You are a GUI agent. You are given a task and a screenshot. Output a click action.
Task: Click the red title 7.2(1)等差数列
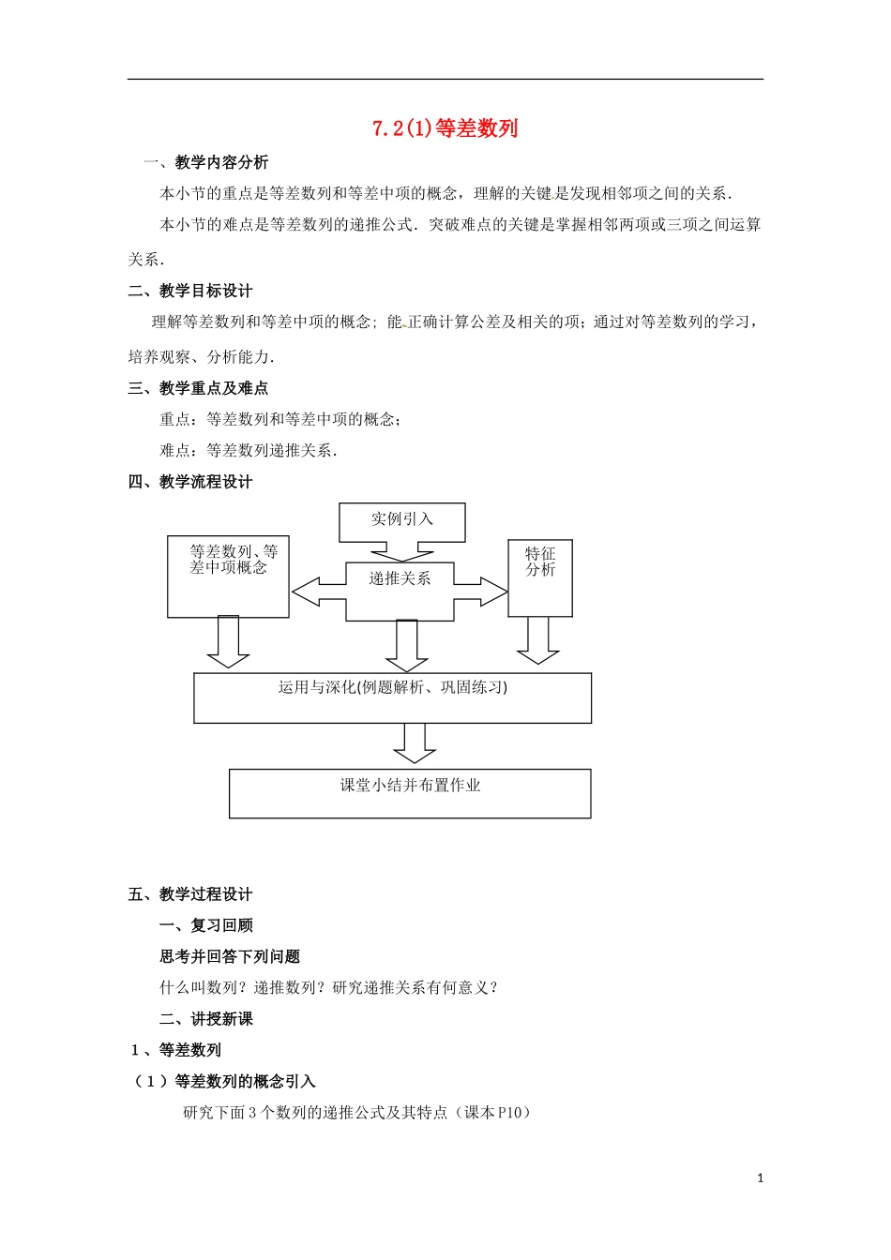(445, 128)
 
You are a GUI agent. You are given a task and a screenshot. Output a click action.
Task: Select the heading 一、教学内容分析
(205, 162)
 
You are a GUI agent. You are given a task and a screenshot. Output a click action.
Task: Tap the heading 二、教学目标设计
(190, 291)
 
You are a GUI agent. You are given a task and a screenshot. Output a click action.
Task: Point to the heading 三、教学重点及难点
(198, 387)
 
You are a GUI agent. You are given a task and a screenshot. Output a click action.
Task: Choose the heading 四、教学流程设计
(190, 482)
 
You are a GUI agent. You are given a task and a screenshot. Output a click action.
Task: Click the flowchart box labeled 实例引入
(401, 521)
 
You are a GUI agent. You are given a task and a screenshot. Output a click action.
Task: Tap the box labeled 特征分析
(540, 577)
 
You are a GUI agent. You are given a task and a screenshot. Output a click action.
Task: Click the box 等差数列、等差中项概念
(228, 577)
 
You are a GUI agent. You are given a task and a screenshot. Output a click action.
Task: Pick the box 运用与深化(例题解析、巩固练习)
(392, 697)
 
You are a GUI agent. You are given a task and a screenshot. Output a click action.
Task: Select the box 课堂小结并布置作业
(410, 793)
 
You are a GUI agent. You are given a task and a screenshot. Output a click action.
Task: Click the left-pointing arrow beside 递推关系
(319, 592)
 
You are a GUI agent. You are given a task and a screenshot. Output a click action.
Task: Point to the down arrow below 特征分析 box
(537, 641)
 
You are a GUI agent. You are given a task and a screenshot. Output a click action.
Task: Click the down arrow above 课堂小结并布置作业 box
(414, 743)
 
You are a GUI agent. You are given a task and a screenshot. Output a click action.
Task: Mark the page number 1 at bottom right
(761, 1177)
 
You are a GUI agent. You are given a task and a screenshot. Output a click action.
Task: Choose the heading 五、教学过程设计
(190, 894)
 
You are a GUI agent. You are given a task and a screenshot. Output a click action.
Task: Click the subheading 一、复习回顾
(206, 925)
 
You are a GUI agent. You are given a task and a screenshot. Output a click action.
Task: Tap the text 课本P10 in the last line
(497, 1112)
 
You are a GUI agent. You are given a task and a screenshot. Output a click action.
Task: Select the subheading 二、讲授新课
(206, 1019)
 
